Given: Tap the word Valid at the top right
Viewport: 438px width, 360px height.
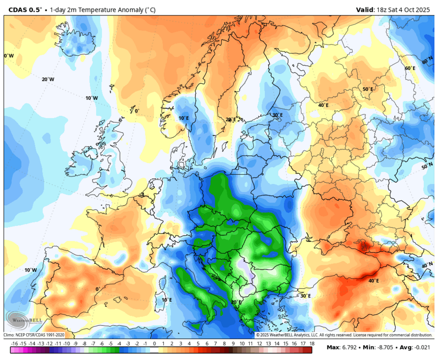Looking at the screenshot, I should pyautogui.click(x=365, y=9).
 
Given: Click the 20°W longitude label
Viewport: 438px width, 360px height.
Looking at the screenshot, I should pyautogui.click(x=48, y=79).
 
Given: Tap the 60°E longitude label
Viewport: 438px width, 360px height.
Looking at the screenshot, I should pyautogui.click(x=410, y=68).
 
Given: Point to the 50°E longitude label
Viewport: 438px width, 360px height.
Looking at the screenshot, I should pyautogui.click(x=368, y=89).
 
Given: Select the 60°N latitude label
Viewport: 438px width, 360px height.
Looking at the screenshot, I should pyautogui.click(x=428, y=61).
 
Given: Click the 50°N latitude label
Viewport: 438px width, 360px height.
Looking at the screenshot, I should pyautogui.click(x=427, y=166).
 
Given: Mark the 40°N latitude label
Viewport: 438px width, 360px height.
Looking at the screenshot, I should pyautogui.click(x=427, y=265).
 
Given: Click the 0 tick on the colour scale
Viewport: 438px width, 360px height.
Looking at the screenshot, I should pyautogui.click(x=154, y=343).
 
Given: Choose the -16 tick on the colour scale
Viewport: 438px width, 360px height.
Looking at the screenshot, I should pyautogui.click(x=15, y=343).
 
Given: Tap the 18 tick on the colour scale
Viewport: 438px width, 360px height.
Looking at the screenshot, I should pyautogui.click(x=312, y=343).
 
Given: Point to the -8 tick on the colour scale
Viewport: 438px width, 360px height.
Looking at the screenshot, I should pyautogui.click(x=84, y=343).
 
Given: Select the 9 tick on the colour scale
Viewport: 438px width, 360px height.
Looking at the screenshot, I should pyautogui.click(x=233, y=343).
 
